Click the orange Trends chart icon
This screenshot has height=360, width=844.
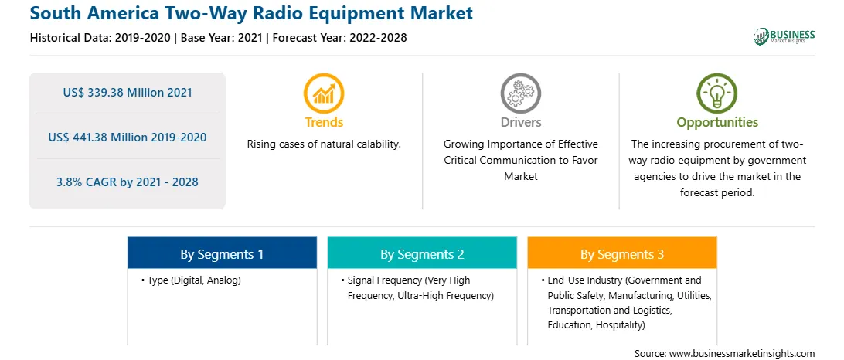point(324,93)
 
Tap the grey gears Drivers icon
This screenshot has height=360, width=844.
point(520,93)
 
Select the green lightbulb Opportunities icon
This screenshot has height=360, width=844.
point(717,93)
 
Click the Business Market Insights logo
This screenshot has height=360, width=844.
point(784,36)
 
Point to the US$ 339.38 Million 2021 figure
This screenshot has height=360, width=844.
point(128,93)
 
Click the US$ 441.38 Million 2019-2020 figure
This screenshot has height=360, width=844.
point(128,138)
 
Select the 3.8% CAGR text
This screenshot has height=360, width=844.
point(128,182)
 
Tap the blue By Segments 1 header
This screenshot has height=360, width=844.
point(222,253)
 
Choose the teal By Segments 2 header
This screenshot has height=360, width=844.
point(422,253)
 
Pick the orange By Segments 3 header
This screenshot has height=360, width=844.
point(621,253)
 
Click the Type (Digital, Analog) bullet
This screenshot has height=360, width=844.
point(191,280)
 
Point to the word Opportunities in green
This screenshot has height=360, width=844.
point(717,122)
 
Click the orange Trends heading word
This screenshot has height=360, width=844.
point(324,122)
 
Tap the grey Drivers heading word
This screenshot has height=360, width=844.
point(520,122)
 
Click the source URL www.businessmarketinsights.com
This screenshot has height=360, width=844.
point(742,354)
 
